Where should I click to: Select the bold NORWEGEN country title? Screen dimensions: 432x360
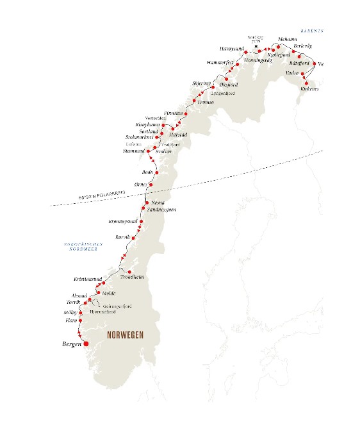(x=125, y=336)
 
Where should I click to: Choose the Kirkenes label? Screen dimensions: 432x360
(x=309, y=89)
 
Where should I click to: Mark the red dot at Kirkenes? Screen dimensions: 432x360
(x=307, y=83)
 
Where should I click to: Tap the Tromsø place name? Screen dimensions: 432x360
(x=205, y=102)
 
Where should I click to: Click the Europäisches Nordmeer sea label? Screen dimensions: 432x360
(x=81, y=246)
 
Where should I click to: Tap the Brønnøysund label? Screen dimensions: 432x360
(x=123, y=220)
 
